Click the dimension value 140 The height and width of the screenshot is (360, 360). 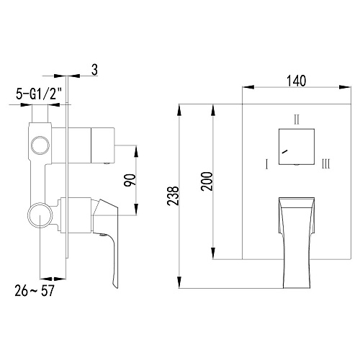click(295, 81)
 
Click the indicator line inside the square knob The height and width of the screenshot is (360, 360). click(286, 153)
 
